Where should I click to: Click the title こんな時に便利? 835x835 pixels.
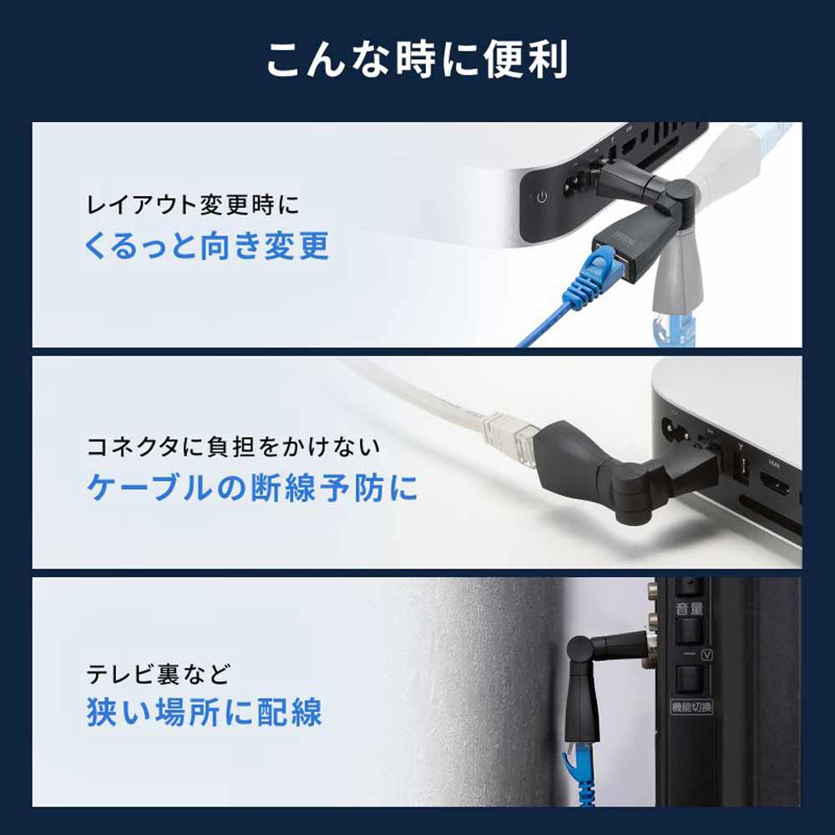click(417, 60)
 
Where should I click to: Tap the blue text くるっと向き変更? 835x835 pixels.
click(207, 246)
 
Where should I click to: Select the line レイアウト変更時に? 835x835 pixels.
click(193, 204)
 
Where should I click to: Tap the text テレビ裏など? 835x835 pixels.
click(158, 672)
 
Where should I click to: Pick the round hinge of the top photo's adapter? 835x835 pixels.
click(682, 199)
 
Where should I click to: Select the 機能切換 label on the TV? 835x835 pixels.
click(692, 707)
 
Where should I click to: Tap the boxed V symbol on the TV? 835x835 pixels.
click(708, 653)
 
